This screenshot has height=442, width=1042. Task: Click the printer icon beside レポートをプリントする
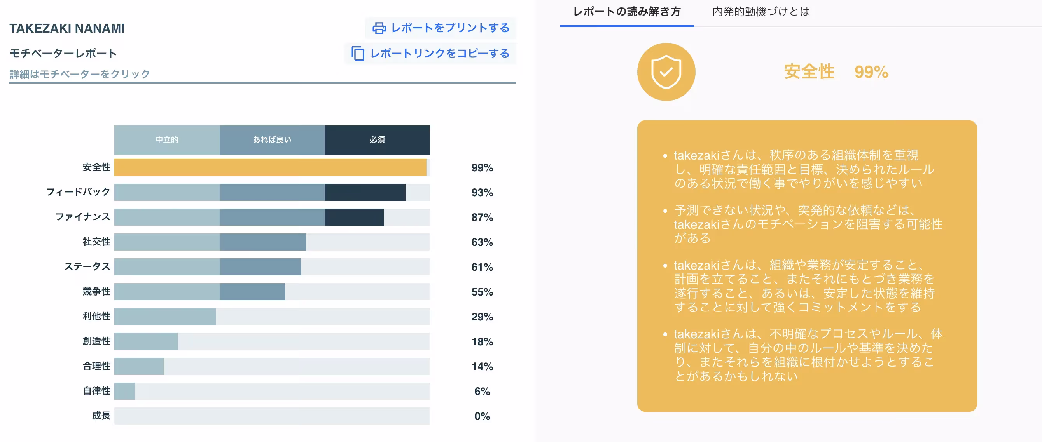379,28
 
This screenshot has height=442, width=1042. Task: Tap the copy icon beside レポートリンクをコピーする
358,53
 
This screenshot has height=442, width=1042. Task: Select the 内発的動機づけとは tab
761,12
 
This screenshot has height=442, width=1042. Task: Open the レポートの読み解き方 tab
627,12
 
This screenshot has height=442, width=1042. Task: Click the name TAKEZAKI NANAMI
67,28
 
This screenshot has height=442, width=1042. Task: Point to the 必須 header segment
377,140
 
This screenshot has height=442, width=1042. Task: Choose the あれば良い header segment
272,140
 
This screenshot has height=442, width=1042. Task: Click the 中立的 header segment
167,140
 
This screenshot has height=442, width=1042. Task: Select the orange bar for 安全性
270,167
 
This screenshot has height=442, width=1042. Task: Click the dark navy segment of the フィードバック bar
365,192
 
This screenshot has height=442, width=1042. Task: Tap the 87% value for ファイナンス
482,218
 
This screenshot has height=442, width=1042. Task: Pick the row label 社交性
96,242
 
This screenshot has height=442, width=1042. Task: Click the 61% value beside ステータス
482,267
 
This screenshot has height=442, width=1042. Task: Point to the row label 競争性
96,291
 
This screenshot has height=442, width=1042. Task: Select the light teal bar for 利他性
165,316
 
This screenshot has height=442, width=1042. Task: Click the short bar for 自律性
125,391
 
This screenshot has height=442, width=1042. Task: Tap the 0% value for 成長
482,416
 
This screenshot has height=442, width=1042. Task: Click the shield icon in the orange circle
666,72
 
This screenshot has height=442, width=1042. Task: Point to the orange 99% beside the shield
871,72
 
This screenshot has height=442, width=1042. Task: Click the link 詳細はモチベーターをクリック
80,74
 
